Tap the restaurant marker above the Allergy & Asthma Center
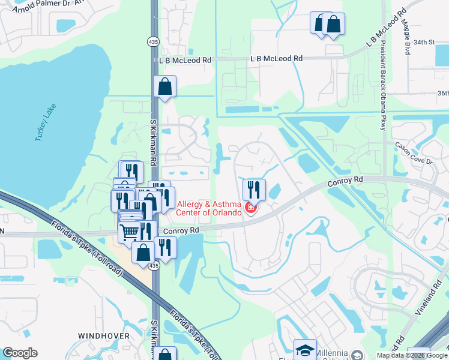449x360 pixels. (254, 190)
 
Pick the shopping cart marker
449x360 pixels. (130, 232)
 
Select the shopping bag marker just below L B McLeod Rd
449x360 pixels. (164, 86)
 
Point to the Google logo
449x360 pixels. (20, 353)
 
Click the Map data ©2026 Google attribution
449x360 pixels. (411, 355)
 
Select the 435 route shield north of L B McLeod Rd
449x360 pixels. (154, 40)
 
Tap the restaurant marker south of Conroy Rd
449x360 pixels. (165, 247)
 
